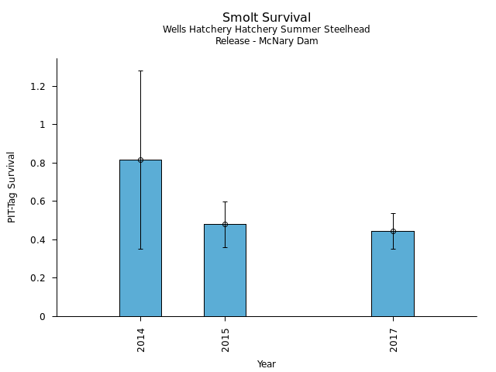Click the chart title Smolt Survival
click(267, 18)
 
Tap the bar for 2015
click(225, 271)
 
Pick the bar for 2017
click(393, 275)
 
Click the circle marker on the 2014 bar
click(140, 160)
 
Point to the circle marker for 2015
click(225, 224)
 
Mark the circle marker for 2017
click(393, 231)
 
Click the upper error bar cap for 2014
click(140, 71)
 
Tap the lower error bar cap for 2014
click(140, 249)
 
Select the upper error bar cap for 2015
click(225, 201)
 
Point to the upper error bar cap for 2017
click(393, 213)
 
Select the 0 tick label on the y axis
click(48, 316)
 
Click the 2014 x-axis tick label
click(141, 339)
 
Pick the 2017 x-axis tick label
click(394, 339)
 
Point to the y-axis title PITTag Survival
click(12, 187)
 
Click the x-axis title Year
click(267, 364)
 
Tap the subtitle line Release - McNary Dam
click(267, 41)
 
